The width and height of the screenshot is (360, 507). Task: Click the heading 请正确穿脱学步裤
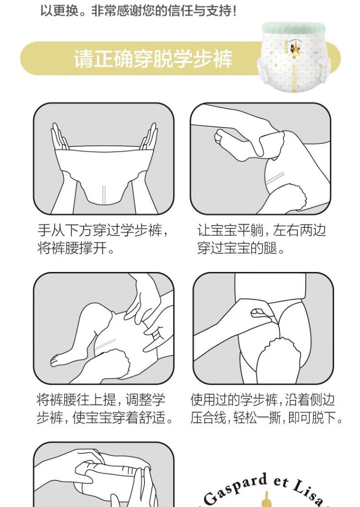(153, 59)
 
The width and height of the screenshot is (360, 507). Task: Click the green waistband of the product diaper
(294, 28)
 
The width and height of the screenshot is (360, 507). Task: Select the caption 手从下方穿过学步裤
(103, 231)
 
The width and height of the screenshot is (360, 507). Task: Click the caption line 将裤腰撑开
(76, 248)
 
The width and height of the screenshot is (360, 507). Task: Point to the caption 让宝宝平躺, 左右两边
(261, 231)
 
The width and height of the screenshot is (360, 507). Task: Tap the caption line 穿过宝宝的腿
(241, 248)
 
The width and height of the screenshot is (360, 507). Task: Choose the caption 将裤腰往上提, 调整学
(101, 400)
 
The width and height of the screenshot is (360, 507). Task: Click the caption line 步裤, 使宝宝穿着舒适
(105, 417)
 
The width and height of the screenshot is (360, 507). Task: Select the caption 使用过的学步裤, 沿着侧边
(263, 400)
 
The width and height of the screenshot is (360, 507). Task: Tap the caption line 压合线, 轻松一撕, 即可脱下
(266, 417)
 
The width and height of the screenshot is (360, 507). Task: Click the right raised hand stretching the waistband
(149, 136)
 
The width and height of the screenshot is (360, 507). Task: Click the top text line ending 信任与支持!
(138, 11)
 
